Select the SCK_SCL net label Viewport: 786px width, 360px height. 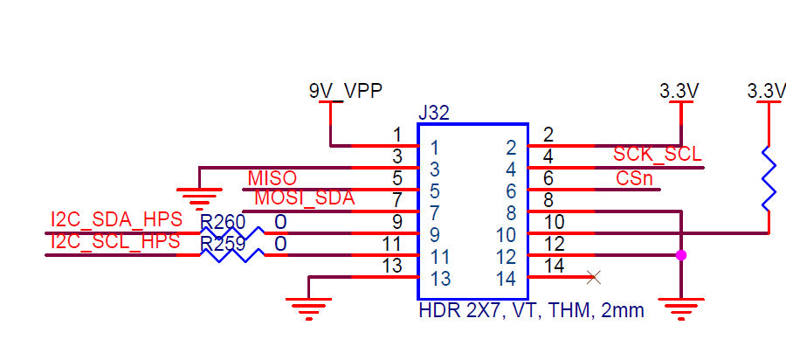tap(657, 155)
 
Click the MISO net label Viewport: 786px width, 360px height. tap(272, 178)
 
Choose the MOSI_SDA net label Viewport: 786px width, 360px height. tap(304, 198)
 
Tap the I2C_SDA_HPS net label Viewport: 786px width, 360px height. tap(115, 220)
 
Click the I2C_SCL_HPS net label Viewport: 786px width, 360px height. tap(115, 241)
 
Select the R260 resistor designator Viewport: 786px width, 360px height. tap(223, 222)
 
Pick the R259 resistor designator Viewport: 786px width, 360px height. tap(223, 244)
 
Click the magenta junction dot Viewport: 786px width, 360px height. tap(680, 255)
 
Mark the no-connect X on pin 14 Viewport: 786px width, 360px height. tap(594, 278)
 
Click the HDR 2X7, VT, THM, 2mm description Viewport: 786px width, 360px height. tap(531, 309)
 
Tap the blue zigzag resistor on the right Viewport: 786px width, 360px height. tap(769, 179)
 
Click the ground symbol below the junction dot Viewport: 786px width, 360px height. tap(680, 306)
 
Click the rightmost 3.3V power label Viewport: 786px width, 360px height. tap(767, 90)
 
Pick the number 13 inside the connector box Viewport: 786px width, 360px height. tap(439, 280)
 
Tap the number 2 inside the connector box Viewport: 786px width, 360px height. tap(512, 147)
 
